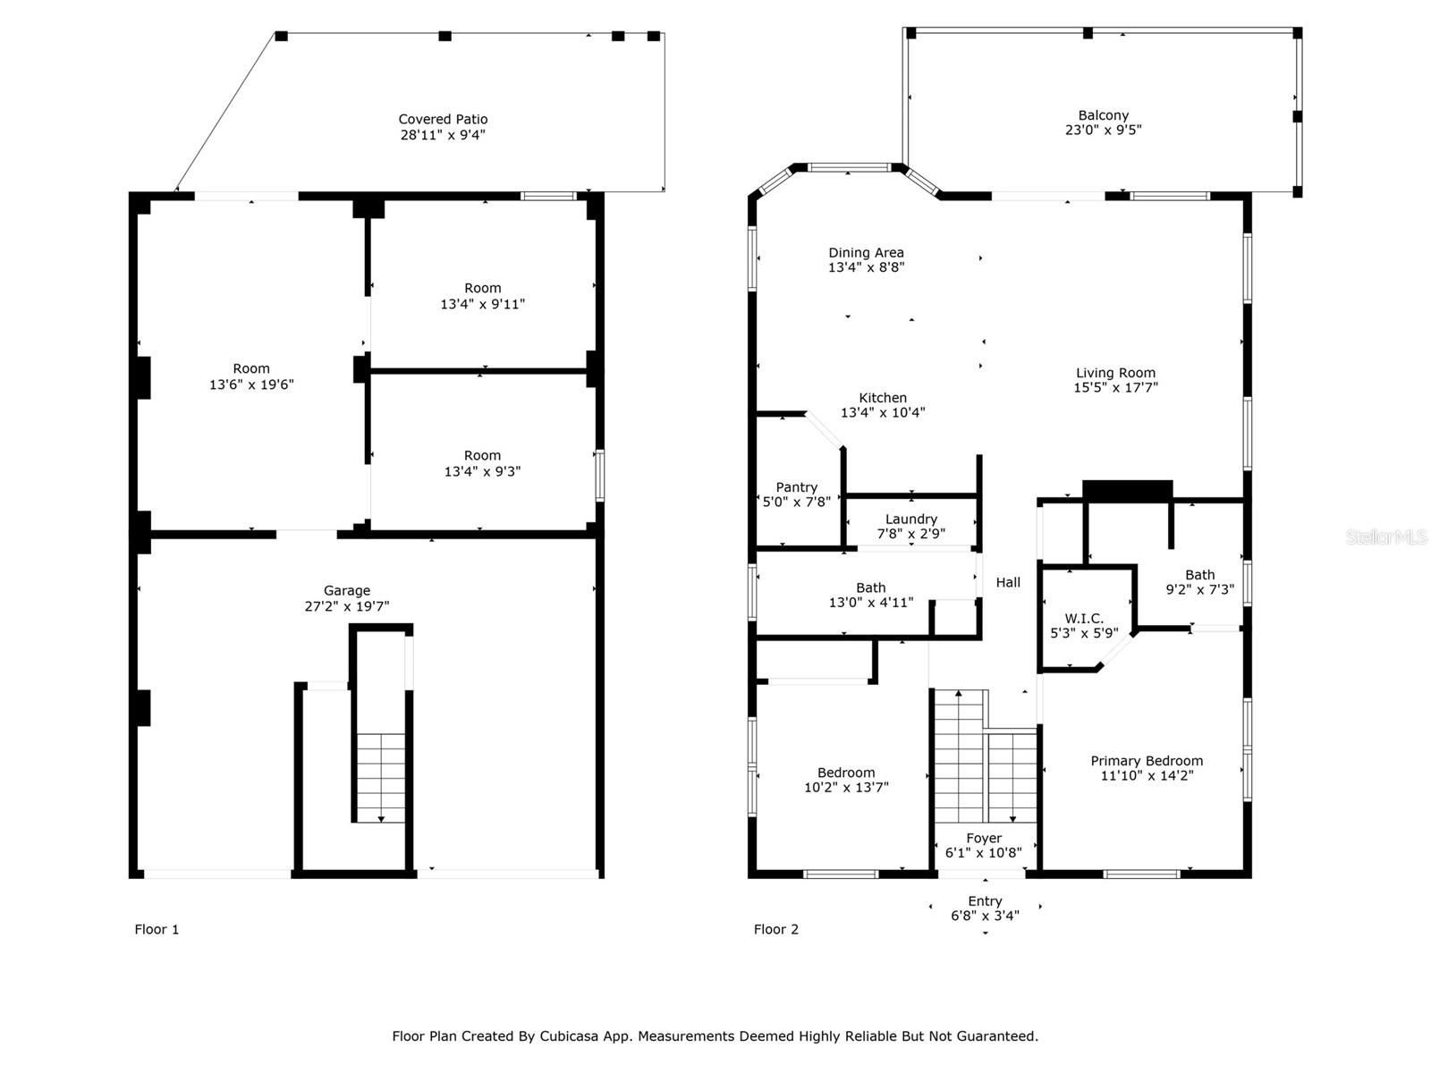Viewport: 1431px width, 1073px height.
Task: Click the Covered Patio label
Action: point(443,119)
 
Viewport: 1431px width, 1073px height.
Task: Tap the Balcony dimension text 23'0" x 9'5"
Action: point(1103,130)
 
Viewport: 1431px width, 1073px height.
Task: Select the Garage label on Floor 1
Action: point(347,590)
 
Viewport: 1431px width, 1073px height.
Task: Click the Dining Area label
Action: point(866,253)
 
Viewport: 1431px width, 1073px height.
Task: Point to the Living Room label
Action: point(1115,373)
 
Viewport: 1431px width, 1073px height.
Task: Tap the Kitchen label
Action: point(883,397)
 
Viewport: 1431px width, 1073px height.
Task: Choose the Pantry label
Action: point(796,487)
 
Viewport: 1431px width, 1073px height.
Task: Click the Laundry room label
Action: point(910,520)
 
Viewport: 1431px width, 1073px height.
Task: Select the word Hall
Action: point(1008,582)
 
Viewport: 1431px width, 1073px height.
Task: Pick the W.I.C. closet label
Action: point(1084,618)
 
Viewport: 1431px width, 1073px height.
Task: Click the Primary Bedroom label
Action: point(1147,761)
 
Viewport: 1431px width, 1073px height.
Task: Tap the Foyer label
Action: point(984,839)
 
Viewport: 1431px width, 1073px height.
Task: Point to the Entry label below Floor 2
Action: point(985,901)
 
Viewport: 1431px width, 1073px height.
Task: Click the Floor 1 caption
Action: point(157,929)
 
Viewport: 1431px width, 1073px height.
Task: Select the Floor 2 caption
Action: point(775,929)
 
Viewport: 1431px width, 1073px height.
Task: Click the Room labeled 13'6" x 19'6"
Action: point(251,368)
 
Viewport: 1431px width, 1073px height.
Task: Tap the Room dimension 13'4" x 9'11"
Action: point(482,304)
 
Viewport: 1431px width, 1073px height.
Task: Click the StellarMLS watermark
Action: point(1386,536)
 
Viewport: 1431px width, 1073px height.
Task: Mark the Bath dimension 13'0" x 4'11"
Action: point(871,603)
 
